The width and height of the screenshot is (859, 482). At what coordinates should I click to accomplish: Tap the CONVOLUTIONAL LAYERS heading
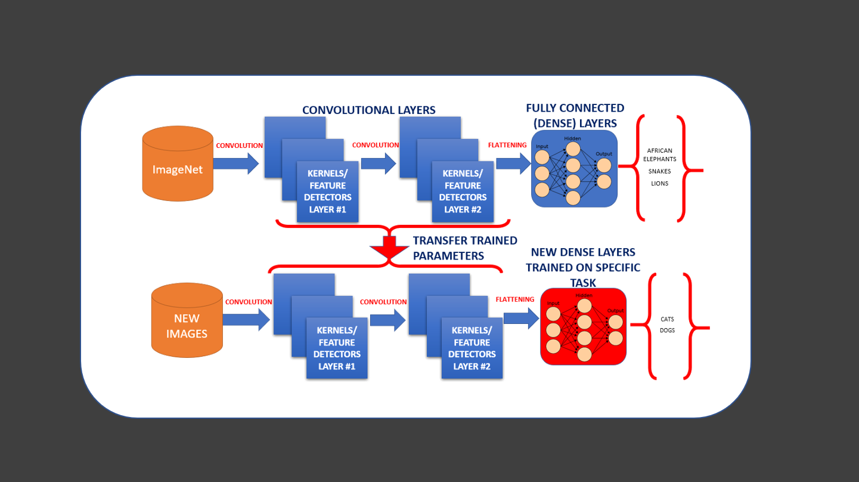tap(368, 110)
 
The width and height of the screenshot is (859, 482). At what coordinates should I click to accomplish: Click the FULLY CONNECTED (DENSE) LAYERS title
tap(575, 116)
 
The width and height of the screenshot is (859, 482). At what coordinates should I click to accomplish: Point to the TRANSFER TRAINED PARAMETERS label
tap(465, 248)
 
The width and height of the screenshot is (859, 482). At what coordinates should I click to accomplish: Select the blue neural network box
tap(574, 169)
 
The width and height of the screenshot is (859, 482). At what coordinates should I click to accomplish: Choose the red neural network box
tap(583, 326)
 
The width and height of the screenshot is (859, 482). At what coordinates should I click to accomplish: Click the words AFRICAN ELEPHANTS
tap(659, 155)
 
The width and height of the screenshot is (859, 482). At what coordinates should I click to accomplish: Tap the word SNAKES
tap(659, 171)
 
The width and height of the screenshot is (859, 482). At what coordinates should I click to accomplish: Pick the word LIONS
tap(659, 184)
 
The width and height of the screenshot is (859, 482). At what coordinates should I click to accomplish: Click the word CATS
tap(667, 319)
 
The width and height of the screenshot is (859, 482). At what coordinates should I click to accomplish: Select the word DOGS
tap(667, 330)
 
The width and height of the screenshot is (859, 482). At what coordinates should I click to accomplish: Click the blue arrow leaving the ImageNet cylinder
tap(236, 163)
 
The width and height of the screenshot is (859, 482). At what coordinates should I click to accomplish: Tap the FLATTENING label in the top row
tap(507, 145)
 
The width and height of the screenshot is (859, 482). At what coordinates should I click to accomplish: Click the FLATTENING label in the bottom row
tap(514, 299)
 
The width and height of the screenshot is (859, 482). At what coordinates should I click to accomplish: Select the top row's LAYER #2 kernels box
tap(463, 191)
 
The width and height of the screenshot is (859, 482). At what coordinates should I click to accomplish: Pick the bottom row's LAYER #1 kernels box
tap(337, 348)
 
